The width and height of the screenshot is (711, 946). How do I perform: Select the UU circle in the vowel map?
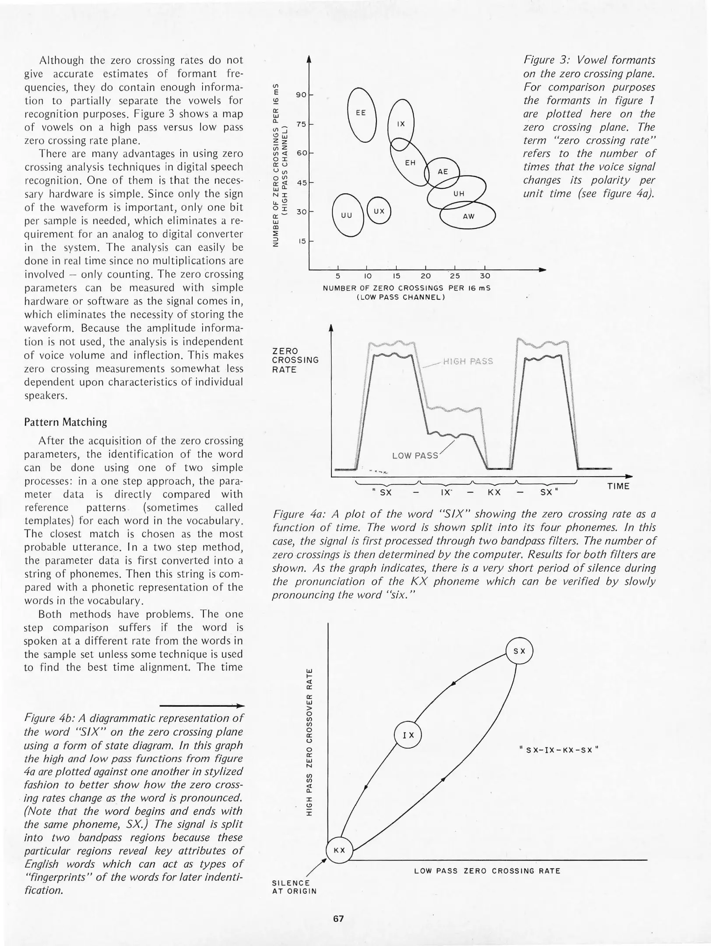(x=348, y=215)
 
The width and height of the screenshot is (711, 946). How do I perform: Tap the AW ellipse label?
(x=468, y=216)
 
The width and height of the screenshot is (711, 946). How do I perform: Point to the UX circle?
(x=379, y=211)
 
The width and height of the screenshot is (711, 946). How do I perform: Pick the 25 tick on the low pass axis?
(x=455, y=276)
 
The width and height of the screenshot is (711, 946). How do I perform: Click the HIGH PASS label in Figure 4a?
(x=468, y=361)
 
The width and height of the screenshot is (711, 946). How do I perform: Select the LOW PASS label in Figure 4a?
(x=415, y=455)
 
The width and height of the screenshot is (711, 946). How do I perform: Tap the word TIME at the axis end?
(x=618, y=486)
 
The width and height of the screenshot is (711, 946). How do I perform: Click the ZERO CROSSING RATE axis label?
(x=295, y=360)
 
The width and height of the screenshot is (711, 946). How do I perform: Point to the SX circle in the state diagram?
(x=519, y=651)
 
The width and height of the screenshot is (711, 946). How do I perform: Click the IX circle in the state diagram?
(x=408, y=735)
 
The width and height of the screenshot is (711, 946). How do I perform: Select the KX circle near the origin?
(x=339, y=850)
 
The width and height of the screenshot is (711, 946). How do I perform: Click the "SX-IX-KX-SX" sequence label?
(x=558, y=750)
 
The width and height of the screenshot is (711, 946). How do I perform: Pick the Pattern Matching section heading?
(x=66, y=422)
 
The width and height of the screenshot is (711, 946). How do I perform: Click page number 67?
(x=338, y=919)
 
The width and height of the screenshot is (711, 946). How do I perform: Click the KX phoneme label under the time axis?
(x=494, y=492)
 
